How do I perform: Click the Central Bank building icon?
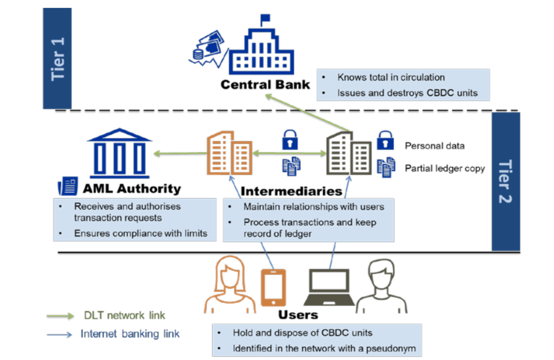pyautogui.click(x=261, y=51)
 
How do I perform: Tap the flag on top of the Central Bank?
pyautogui.click(x=265, y=18)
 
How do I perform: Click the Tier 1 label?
pyautogui.click(x=57, y=59)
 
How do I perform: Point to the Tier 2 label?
pyautogui.click(x=505, y=182)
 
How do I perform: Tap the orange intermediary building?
pyautogui.click(x=229, y=153)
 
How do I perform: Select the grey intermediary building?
pyautogui.click(x=349, y=153)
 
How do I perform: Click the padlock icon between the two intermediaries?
pyautogui.click(x=290, y=140)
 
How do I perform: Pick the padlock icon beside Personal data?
pyautogui.click(x=385, y=141)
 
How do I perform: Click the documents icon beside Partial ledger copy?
pyautogui.click(x=386, y=167)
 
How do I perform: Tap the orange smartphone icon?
pyautogui.click(x=273, y=287)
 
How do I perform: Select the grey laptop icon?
pyautogui.click(x=329, y=287)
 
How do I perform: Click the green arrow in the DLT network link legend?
pyautogui.click(x=60, y=316)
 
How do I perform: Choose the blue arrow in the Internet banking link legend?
pyautogui.click(x=59, y=335)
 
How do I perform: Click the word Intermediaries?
pyautogui.click(x=291, y=191)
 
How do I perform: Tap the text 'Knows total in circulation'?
pyautogui.click(x=391, y=77)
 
